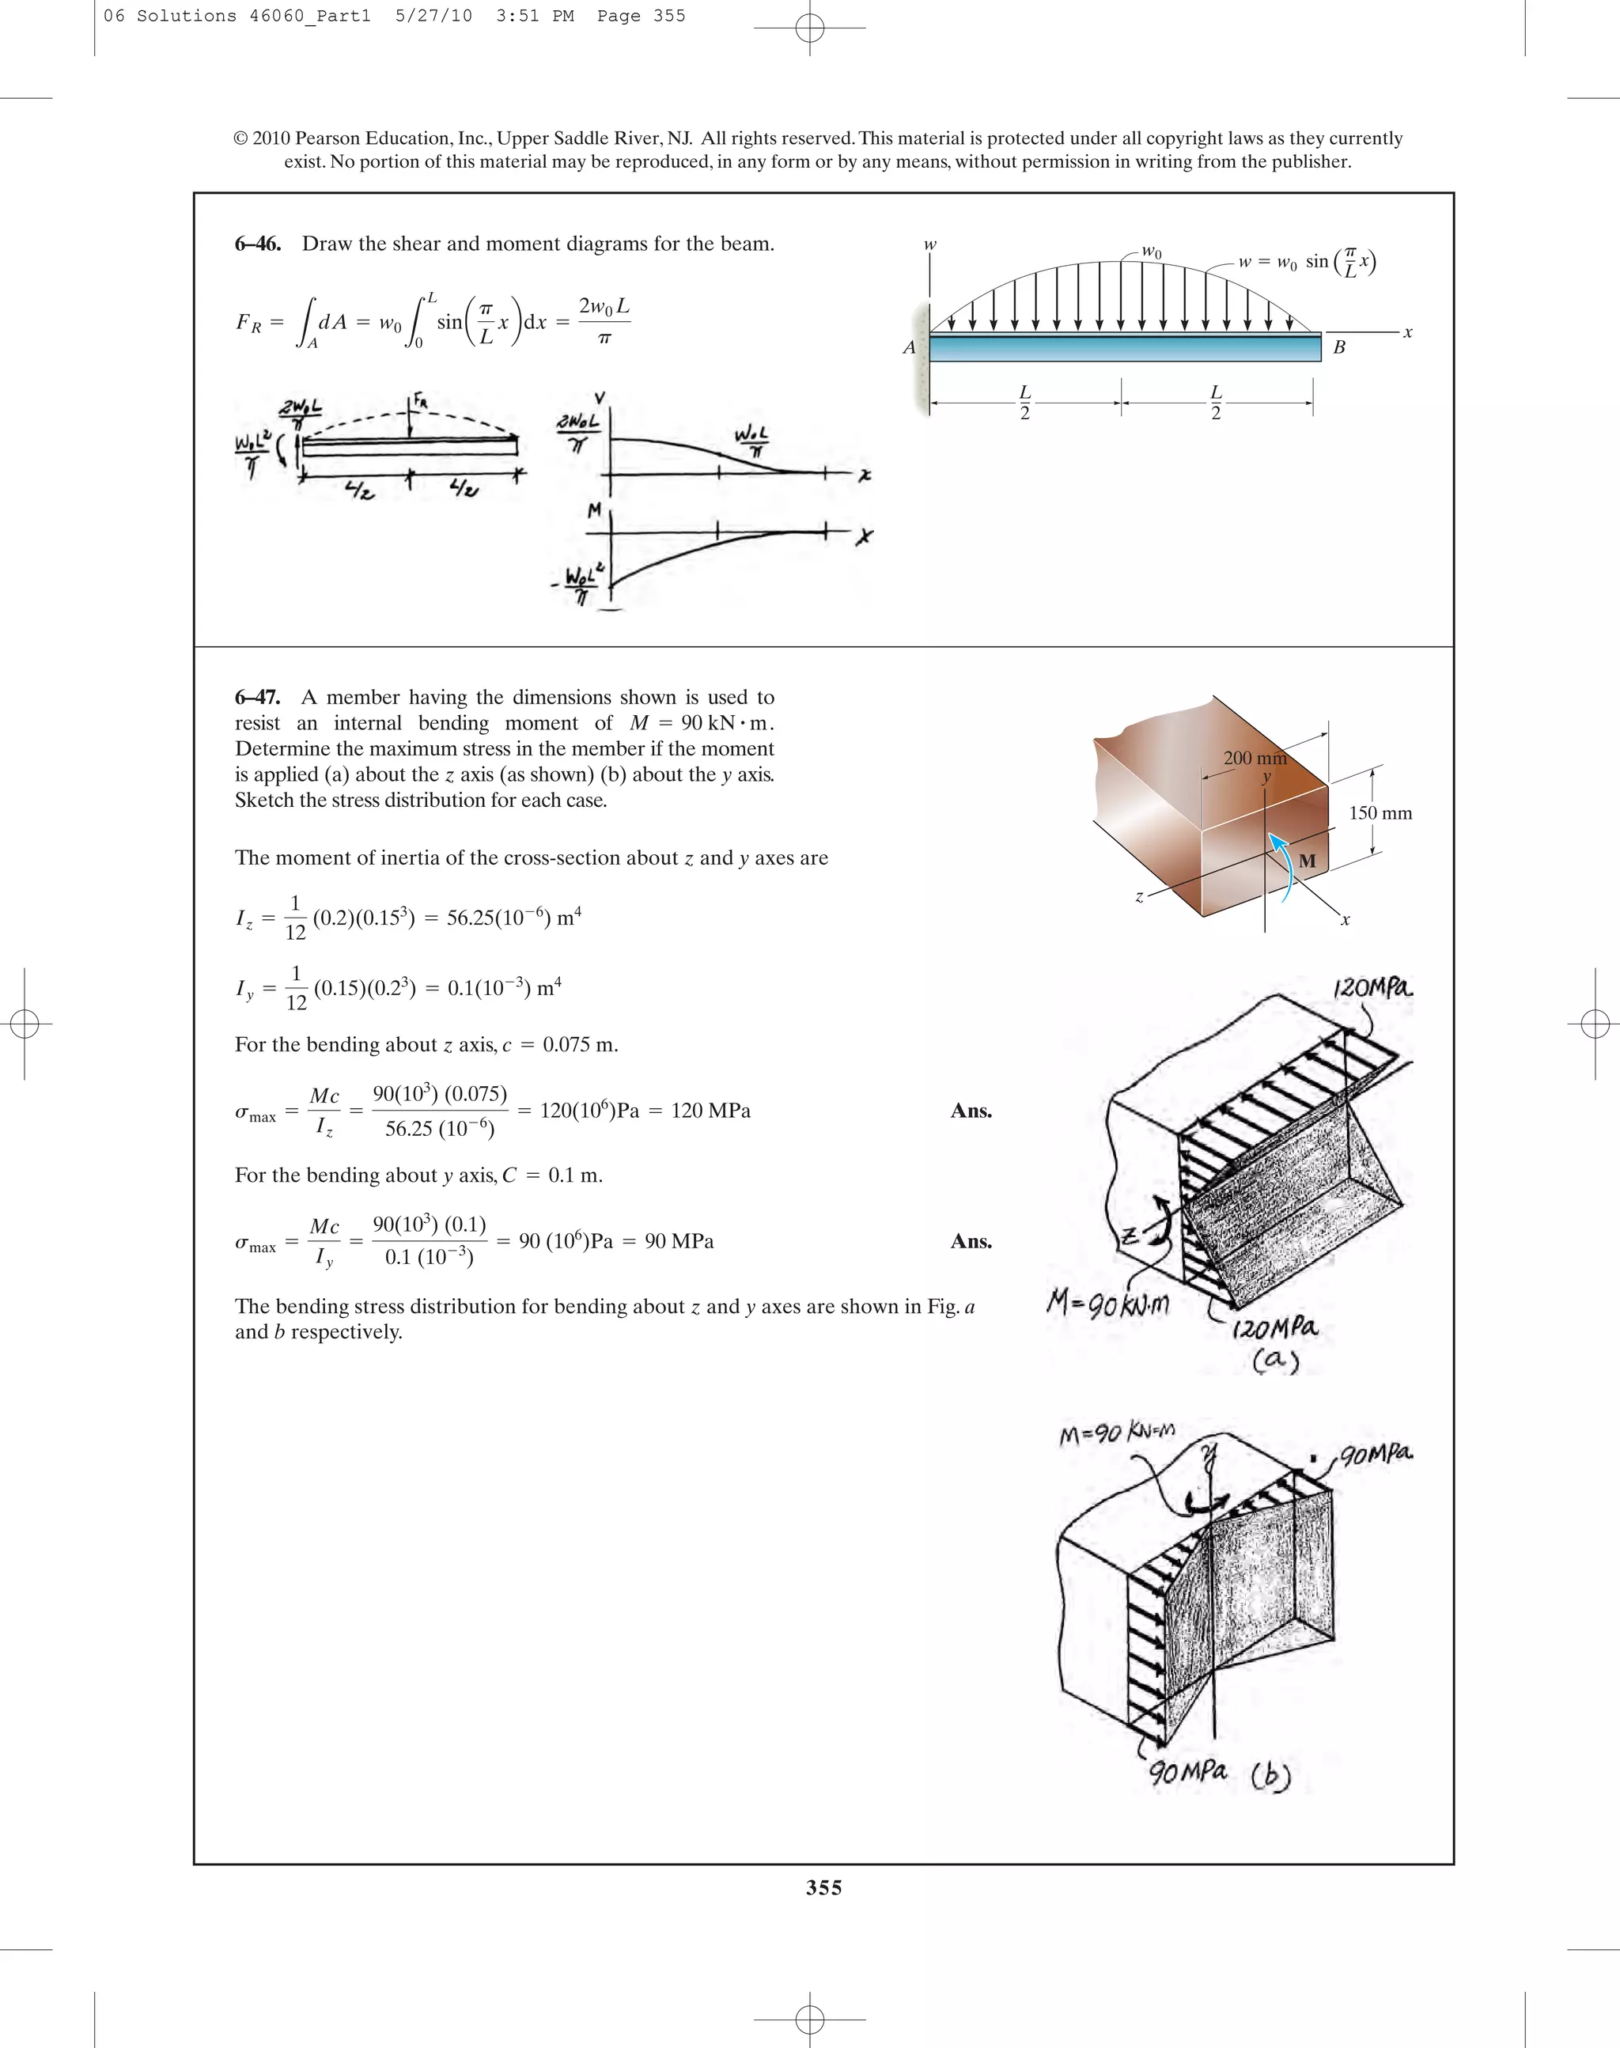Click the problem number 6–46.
pos(257,244)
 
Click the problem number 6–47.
pos(257,697)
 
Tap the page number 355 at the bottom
pos(823,1887)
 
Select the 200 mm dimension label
pos(1254,758)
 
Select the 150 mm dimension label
pos(1380,813)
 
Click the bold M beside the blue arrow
pos(1307,861)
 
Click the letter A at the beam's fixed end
pos(909,347)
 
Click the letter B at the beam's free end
pos(1339,347)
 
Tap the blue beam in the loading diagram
pos(1124,348)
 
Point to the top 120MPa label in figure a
pos(1372,989)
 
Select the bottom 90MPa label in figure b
pos(1187,1771)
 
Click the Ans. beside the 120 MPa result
pos(971,1111)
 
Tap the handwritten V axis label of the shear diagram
pos(600,399)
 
